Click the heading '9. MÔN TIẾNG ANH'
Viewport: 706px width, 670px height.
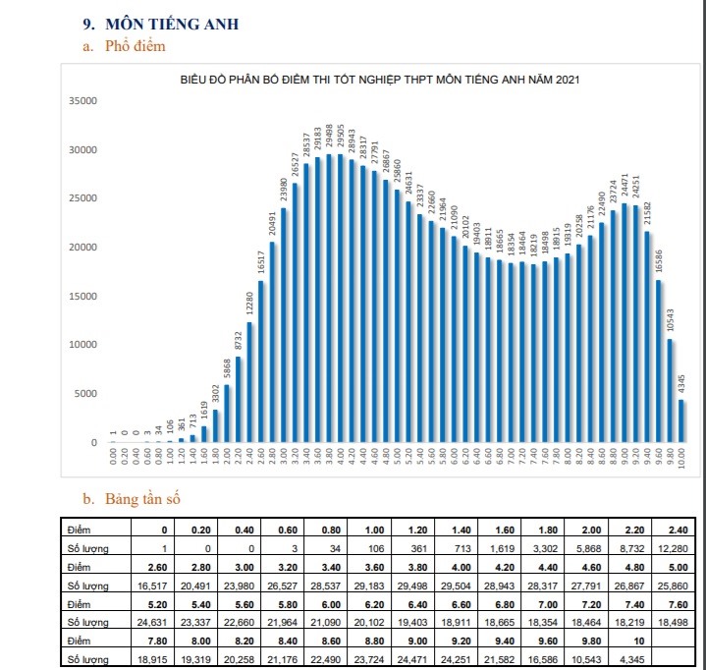pos(161,24)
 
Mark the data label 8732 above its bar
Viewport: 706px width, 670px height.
pos(239,340)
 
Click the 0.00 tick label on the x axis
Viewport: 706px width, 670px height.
pos(113,458)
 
